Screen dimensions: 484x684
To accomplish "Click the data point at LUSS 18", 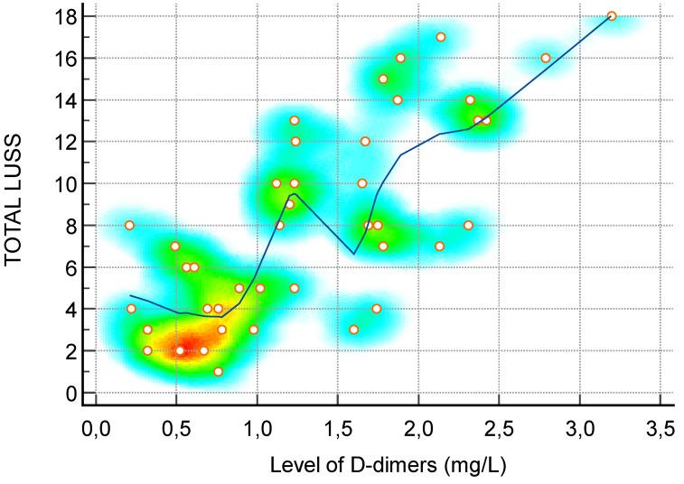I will [612, 16].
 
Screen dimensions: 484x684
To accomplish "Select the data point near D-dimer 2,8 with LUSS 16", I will [546, 58].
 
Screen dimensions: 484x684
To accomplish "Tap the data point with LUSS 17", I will [441, 37].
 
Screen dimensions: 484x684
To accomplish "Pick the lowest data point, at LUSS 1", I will [218, 371].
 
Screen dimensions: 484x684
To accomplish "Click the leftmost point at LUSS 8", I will [129, 225].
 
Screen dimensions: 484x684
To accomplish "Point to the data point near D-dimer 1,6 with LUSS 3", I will [354, 330].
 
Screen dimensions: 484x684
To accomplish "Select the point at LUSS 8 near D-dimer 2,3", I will [468, 225].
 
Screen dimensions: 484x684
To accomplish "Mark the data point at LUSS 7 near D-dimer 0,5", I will [175, 246].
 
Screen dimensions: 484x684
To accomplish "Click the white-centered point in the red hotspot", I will [180, 350].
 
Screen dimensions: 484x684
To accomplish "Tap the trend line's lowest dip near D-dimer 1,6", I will [354, 254].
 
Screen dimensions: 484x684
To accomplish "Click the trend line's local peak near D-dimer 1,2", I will [293, 194].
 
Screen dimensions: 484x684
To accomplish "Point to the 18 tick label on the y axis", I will [65, 16].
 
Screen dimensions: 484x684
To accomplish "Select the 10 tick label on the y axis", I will [65, 183].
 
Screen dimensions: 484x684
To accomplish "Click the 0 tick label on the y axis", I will [70, 393].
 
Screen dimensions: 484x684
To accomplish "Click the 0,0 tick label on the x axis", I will [95, 427].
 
